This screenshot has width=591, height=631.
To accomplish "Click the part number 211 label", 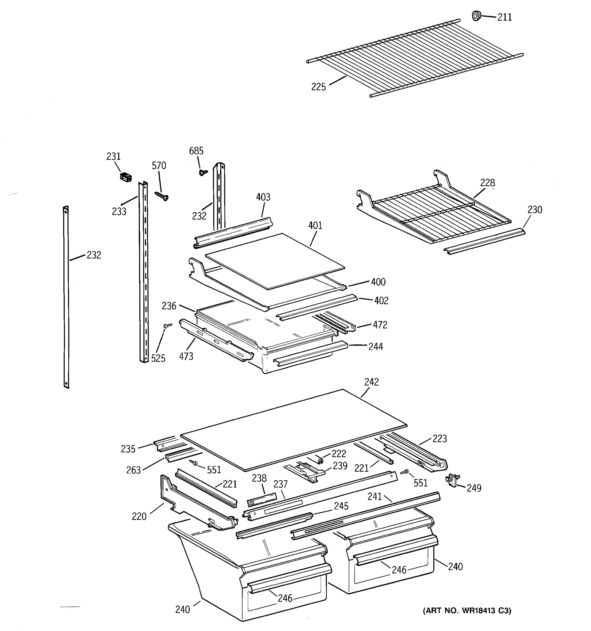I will click(x=504, y=17).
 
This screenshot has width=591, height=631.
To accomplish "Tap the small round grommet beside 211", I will click(x=476, y=16).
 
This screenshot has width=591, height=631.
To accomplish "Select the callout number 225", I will click(x=318, y=87).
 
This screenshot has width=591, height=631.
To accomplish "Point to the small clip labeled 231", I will click(x=126, y=177).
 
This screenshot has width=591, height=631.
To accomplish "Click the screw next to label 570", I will click(x=162, y=196).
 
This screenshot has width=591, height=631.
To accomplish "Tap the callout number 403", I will click(x=263, y=197).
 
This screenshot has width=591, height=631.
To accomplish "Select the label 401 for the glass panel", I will click(x=315, y=226).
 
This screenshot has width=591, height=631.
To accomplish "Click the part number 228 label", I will click(x=487, y=183).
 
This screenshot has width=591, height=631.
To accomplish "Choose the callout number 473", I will click(x=186, y=357).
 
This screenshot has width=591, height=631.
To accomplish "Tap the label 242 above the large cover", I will click(x=371, y=382).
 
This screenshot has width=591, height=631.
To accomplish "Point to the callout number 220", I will click(x=139, y=516).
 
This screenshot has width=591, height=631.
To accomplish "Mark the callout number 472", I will click(x=380, y=325).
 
